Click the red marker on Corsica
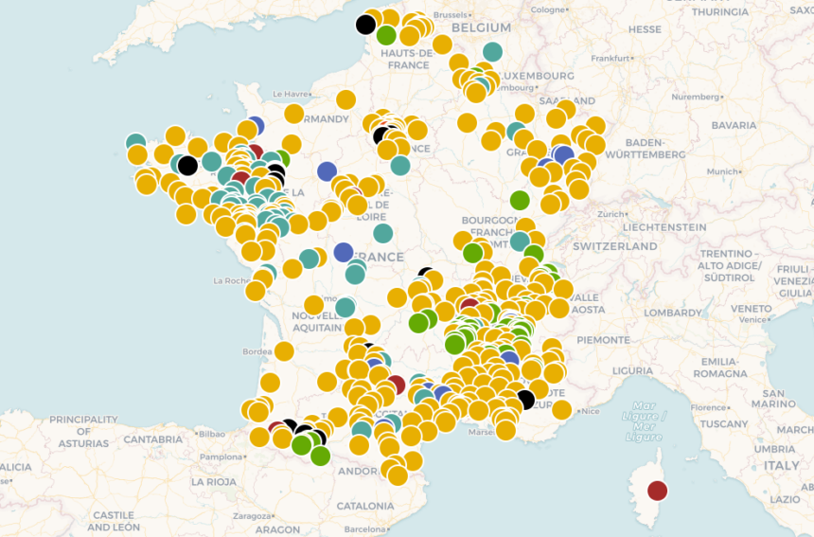coord(657,491)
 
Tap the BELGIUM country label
coord(481,28)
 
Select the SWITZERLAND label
coord(614,246)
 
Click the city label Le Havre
coord(291,94)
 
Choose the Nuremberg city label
coord(696,97)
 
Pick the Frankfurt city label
coord(610,58)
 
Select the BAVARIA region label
coord(734,125)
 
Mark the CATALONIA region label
coord(365,506)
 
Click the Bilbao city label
coord(212,434)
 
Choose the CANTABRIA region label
coord(152,439)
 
